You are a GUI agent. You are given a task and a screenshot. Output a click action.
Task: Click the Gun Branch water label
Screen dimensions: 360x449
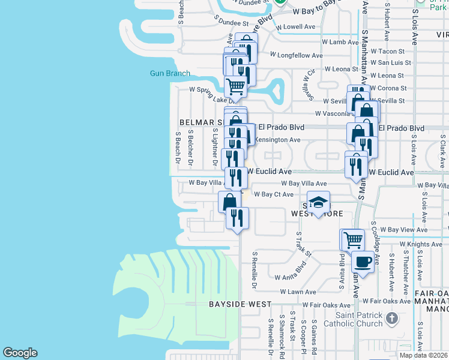(170, 74)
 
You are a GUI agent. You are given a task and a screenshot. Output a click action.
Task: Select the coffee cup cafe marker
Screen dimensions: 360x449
(363, 262)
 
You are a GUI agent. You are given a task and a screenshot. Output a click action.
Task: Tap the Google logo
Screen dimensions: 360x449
(20, 353)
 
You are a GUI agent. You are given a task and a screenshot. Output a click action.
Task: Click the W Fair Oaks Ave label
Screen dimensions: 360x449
(327, 305)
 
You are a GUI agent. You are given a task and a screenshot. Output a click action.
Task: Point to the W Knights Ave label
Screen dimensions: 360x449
(424, 244)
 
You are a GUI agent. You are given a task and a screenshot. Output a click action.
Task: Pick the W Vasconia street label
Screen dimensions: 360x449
(331, 113)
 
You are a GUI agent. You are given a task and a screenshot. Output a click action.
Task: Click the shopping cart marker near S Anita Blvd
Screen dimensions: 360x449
(352, 240)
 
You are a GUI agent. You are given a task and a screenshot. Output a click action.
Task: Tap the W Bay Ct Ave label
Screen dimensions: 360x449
(274, 194)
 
